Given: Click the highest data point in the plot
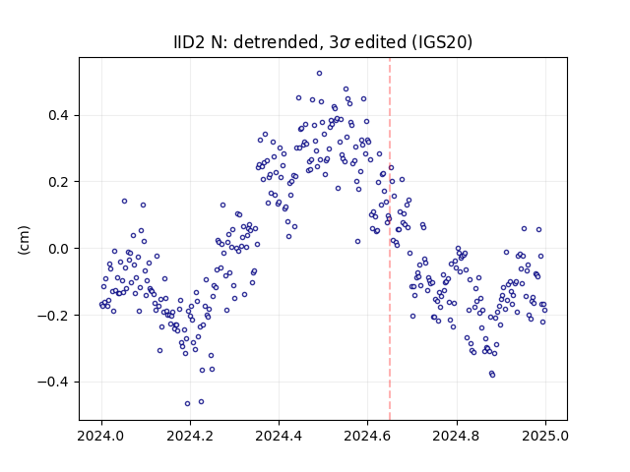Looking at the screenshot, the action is click(319, 74).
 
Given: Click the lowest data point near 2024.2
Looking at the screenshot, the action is click(187, 404).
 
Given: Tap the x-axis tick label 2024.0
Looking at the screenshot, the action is click(101, 436).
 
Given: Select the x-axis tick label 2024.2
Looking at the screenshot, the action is click(190, 436).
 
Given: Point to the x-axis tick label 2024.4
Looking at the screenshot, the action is click(279, 436).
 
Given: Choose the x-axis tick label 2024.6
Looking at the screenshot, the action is click(367, 436).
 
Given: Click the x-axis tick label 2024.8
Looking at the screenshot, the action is click(457, 436).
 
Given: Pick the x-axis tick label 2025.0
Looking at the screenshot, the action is click(545, 436).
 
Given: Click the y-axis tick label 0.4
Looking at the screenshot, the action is click(58, 116).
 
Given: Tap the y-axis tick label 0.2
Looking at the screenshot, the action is click(58, 182).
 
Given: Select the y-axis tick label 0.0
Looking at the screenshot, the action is click(58, 249).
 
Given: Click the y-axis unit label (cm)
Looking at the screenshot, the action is click(24, 240).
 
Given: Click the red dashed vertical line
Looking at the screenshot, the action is click(390, 239).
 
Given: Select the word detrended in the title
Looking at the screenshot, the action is click(277, 42).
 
